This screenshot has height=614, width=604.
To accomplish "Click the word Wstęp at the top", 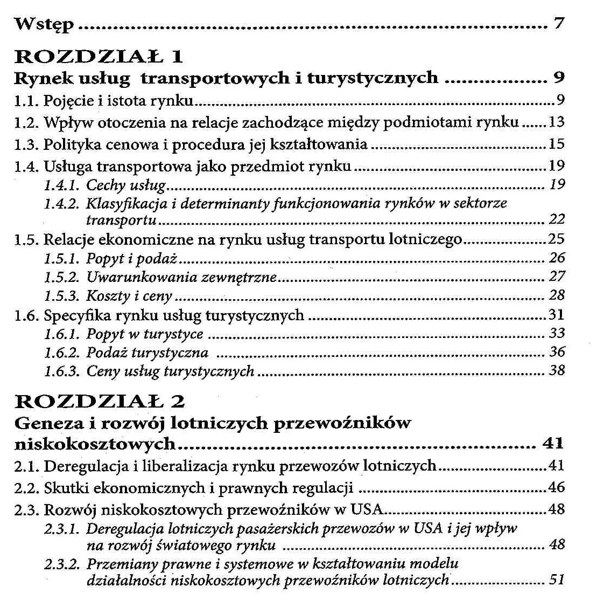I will pyautogui.click(x=44, y=25).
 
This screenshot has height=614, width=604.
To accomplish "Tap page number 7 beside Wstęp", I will pyautogui.click(x=558, y=24).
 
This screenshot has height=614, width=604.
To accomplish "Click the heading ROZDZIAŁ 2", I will pyautogui.click(x=100, y=401).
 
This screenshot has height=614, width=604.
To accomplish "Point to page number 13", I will pyautogui.click(x=556, y=122).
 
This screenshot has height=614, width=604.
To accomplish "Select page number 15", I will pyautogui.click(x=556, y=144).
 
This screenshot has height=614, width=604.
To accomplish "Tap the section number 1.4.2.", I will pyautogui.click(x=61, y=203).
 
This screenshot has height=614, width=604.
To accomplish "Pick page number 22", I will pyautogui.click(x=557, y=219).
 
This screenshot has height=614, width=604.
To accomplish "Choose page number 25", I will pyautogui.click(x=556, y=238).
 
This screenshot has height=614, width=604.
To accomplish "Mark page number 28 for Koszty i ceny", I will pyautogui.click(x=557, y=295).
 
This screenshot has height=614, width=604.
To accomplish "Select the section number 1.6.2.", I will pyautogui.click(x=61, y=353).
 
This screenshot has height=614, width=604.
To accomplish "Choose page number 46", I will pyautogui.click(x=556, y=487).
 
